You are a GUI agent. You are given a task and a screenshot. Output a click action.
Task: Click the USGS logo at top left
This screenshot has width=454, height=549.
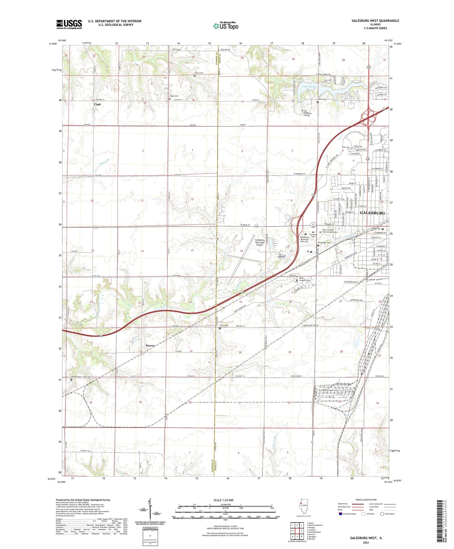tap(69, 24)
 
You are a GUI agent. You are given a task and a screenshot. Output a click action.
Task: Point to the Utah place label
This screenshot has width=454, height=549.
tap(97, 104)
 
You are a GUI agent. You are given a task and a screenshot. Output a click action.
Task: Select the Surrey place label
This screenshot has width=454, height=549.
tap(150, 345)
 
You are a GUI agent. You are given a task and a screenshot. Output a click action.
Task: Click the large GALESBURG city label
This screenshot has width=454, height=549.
tap(372, 213)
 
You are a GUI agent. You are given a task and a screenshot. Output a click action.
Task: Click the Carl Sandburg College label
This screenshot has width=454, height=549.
tap(307, 113)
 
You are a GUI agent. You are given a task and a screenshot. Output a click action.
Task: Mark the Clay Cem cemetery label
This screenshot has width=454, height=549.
tap(224, 325)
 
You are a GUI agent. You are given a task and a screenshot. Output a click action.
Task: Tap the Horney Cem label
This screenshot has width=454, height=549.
tap(76, 377)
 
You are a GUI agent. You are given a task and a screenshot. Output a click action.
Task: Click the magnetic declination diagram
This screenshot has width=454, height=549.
tap(150, 508)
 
